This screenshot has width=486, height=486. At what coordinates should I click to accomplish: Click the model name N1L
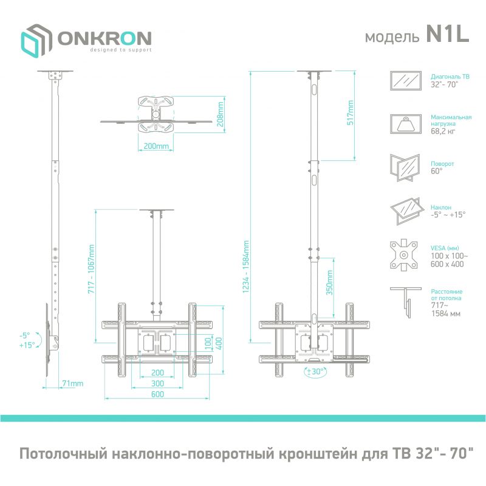click(447, 36)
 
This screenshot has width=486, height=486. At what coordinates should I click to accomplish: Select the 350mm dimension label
click(329, 286)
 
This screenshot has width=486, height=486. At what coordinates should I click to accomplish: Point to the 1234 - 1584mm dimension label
click(247, 269)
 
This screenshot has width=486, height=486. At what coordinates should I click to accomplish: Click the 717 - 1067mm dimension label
click(92, 269)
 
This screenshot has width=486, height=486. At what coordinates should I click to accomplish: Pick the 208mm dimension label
click(221, 111)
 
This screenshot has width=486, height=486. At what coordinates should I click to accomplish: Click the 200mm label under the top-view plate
click(157, 146)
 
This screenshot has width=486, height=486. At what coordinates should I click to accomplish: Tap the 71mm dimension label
click(72, 383)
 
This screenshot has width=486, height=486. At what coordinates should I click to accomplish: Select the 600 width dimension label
click(158, 395)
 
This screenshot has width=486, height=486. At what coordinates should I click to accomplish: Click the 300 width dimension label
click(158, 383)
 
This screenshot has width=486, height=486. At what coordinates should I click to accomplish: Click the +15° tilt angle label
click(26, 344)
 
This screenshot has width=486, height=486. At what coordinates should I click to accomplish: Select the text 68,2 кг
click(442, 131)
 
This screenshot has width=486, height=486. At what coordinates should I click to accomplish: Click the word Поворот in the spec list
click(442, 164)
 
